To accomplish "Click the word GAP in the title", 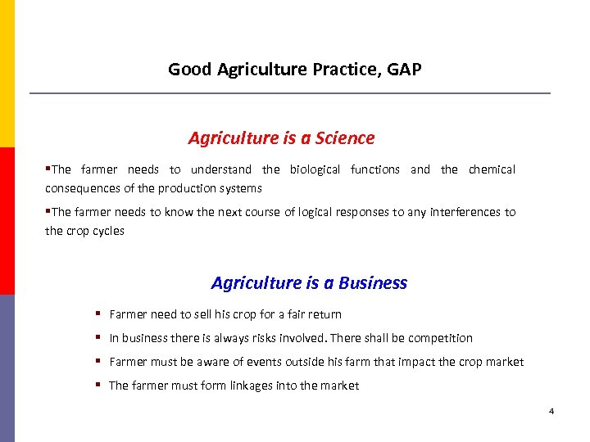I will pos(405,70).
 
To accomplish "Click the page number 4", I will pos(551,410).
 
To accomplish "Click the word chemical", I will pos(492,169).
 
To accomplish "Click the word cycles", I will pos(107,231).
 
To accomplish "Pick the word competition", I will pos(440,338).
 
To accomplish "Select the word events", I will pos(261,362).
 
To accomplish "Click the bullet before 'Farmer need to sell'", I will pos(98,314).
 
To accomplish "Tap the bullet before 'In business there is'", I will pos(98,338).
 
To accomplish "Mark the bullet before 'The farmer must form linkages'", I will pos(98,386).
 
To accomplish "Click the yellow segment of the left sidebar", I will pos(7,74).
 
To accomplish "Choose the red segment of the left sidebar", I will pos(7,221).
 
